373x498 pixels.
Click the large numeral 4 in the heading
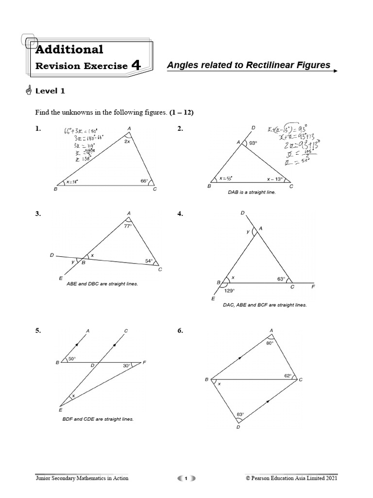click(136, 65)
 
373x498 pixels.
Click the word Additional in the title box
click(69, 49)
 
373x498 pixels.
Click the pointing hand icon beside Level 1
click(27, 90)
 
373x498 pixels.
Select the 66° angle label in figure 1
click(144, 181)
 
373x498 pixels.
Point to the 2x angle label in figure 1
click(127, 142)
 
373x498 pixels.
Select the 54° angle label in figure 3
click(149, 261)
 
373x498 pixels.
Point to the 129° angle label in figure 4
click(230, 291)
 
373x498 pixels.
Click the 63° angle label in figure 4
click(281, 279)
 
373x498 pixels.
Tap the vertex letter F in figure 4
click(313, 287)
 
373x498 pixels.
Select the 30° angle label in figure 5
click(127, 366)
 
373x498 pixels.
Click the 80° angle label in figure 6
click(270, 343)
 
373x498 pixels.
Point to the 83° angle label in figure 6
click(240, 415)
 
